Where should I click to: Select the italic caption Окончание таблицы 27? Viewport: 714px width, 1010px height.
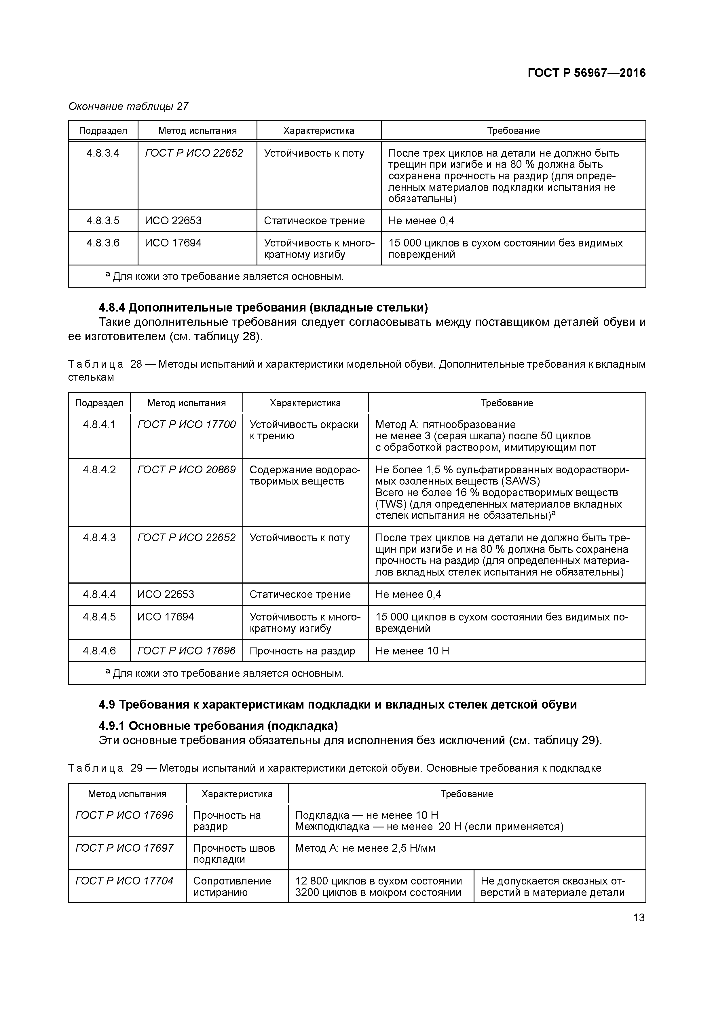(128, 107)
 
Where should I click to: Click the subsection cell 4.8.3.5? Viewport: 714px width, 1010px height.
(103, 220)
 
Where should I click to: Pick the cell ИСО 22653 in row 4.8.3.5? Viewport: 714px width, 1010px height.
(173, 220)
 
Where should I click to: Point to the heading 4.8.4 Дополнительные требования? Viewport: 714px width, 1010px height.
(263, 307)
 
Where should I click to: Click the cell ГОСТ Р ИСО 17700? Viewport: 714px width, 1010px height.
(187, 424)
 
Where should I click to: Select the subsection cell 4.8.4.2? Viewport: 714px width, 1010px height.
(99, 470)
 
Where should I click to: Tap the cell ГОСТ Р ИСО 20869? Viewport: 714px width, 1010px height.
(187, 470)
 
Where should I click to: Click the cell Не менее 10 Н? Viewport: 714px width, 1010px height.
(412, 651)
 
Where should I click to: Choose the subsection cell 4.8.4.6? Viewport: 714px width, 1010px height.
(99, 651)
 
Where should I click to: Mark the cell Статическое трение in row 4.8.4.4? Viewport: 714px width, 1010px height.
(300, 594)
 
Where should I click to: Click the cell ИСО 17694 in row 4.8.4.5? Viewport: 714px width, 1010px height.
(166, 617)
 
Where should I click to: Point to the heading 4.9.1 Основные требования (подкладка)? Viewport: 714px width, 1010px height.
(218, 725)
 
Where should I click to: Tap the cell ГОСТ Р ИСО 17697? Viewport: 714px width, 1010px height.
(124, 848)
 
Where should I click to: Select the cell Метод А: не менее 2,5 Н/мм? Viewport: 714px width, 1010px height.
(365, 848)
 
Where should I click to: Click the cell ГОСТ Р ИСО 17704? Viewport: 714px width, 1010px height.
(124, 881)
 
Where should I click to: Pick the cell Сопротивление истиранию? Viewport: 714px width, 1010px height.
(232, 886)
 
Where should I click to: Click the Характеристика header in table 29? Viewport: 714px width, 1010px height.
(237, 794)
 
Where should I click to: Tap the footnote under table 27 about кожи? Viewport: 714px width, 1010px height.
(224, 276)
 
